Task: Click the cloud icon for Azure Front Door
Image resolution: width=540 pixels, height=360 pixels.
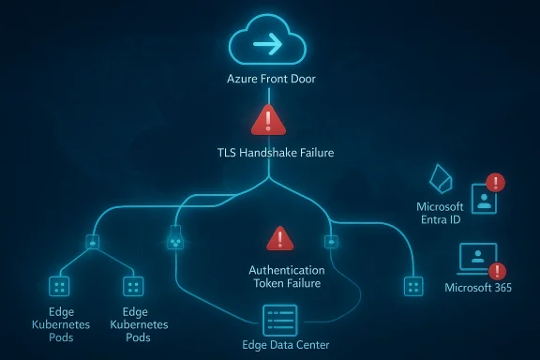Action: (x=268, y=43)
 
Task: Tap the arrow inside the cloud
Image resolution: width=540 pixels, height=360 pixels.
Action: (x=269, y=45)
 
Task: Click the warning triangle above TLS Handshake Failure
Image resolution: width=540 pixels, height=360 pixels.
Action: (x=269, y=120)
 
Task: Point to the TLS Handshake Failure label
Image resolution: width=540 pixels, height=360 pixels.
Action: (x=269, y=150)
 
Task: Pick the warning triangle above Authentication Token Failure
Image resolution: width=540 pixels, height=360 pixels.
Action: (x=279, y=239)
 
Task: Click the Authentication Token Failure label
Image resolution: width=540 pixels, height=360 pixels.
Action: (x=285, y=276)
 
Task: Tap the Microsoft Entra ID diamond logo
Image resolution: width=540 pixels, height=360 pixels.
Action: (x=440, y=179)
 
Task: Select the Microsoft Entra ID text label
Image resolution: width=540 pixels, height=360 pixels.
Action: (x=440, y=213)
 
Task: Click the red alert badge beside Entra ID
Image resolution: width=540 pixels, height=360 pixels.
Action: (x=496, y=183)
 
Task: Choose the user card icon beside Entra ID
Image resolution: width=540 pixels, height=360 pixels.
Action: (x=484, y=198)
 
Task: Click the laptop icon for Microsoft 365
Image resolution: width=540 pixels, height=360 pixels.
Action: (x=476, y=259)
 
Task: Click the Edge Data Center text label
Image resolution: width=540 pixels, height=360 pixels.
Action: (x=285, y=346)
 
